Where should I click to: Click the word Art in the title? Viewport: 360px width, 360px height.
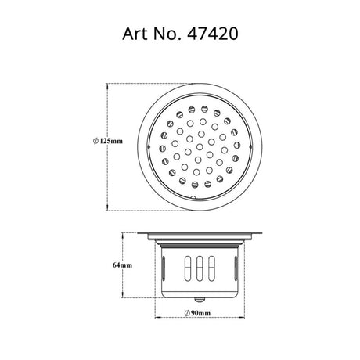[x=135, y=34]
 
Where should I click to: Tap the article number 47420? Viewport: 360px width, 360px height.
[x=212, y=34]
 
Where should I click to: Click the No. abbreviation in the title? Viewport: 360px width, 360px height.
[x=167, y=34]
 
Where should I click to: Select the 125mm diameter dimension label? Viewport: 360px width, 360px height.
[x=108, y=141]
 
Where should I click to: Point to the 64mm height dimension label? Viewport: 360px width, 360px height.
[x=122, y=265]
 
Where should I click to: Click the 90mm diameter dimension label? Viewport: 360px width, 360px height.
[x=197, y=313]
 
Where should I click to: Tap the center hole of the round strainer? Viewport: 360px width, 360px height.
[x=200, y=147]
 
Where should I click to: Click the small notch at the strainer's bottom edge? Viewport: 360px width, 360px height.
[x=193, y=197]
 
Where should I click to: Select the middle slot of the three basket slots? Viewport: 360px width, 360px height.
[x=200, y=268]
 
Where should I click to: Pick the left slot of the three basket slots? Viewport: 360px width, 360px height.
[x=188, y=268]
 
